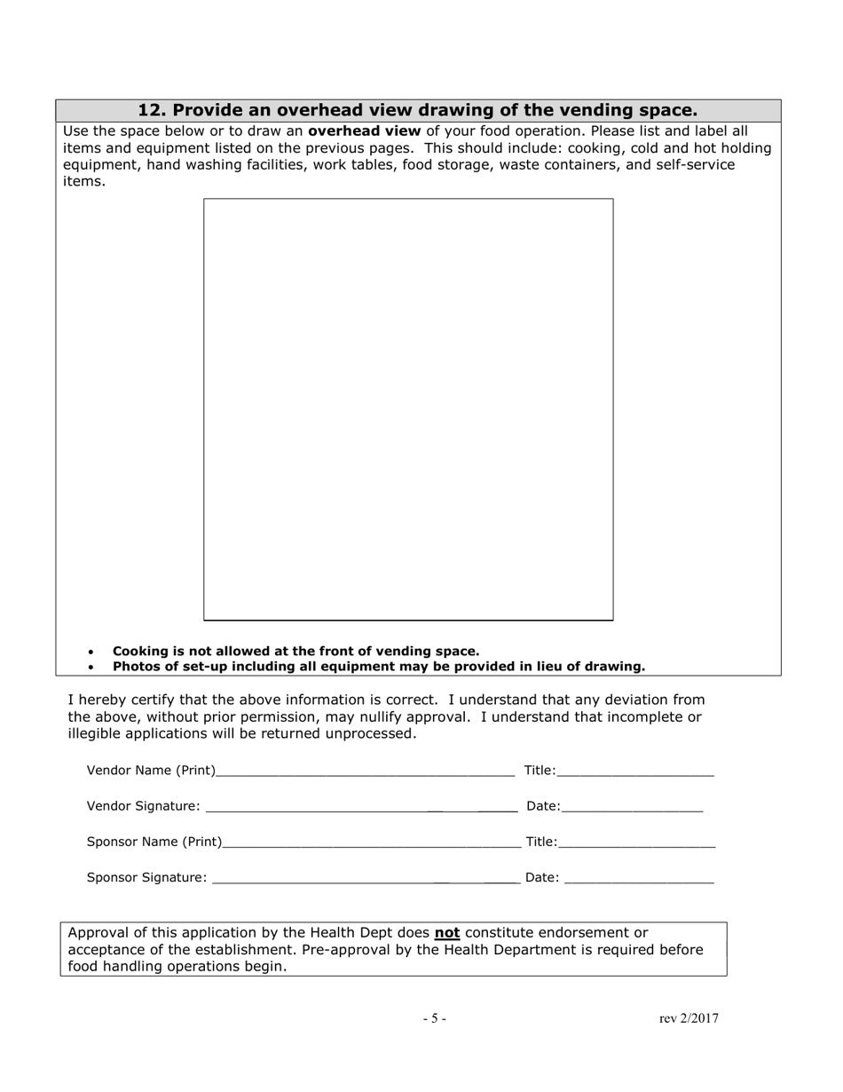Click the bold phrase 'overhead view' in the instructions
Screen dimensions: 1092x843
[x=364, y=131]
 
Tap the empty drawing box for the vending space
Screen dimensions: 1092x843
[x=408, y=408]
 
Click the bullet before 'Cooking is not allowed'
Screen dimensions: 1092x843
[x=91, y=652]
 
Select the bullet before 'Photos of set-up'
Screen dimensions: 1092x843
[x=91, y=667]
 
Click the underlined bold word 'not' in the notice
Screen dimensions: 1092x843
[x=447, y=933]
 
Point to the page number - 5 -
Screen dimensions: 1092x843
[x=434, y=1018]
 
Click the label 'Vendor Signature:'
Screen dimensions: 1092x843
[x=143, y=806]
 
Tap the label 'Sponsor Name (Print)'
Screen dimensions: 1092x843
[x=154, y=842]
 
